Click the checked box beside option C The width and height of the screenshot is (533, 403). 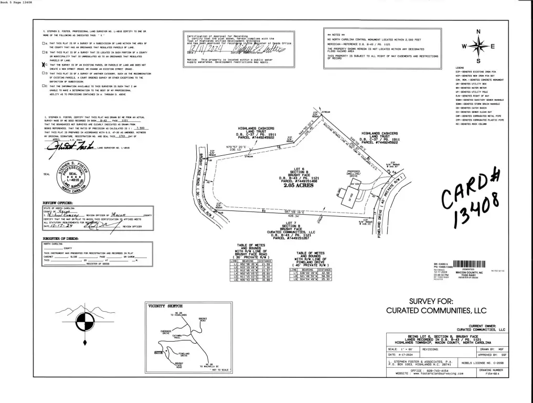(x=44, y=65)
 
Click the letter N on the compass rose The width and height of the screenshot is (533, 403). (x=477, y=31)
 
